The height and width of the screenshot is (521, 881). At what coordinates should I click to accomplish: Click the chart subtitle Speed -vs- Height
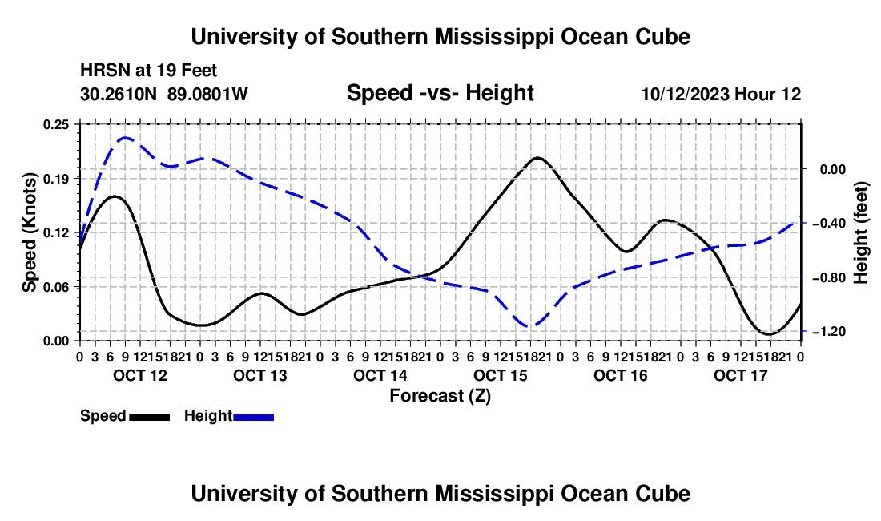coord(440,93)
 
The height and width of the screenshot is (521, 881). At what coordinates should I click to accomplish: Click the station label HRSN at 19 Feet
coord(148,71)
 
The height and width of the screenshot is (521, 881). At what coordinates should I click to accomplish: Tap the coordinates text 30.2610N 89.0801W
coord(164,94)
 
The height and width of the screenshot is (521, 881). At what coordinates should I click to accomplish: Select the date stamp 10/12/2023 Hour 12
coord(721,94)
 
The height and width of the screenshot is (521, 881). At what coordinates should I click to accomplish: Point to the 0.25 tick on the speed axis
coord(56,124)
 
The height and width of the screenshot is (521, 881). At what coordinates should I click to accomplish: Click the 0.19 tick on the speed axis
coord(56,179)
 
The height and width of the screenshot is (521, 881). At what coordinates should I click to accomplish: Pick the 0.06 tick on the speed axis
coord(56,287)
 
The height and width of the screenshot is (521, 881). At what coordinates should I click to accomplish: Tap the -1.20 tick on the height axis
coord(829,332)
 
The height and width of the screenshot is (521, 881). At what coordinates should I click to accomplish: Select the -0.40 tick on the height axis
coord(829,223)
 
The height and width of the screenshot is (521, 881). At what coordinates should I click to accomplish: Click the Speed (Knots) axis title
coord(29,232)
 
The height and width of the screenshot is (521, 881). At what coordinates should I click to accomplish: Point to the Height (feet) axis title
coord(861,232)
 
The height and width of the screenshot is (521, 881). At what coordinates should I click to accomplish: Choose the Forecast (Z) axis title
coord(440,396)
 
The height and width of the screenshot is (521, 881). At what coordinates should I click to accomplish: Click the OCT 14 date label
coord(380,375)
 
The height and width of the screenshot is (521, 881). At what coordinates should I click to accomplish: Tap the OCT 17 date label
coord(741,375)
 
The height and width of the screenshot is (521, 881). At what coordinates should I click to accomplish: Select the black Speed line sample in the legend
coord(150,417)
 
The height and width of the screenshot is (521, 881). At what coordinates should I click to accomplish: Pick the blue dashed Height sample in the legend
coord(253,417)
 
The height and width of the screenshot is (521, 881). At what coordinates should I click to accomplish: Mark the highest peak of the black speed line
coord(537,158)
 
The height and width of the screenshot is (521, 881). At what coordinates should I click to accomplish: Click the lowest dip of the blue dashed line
coord(530,325)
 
